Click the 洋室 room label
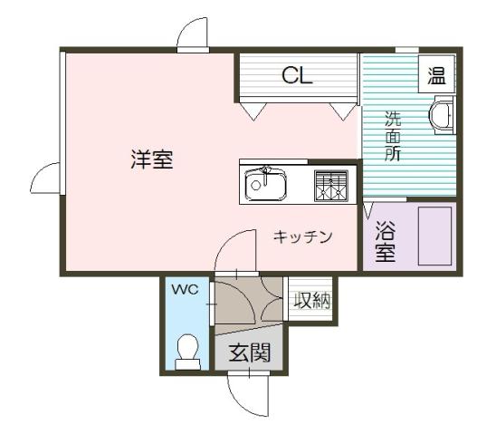(151, 160)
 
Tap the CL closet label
(297, 75)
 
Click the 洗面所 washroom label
(393, 136)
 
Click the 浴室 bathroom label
(386, 242)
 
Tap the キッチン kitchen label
(304, 237)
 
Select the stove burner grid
(331, 185)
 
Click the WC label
(186, 290)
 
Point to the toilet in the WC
(187, 351)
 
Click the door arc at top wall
(193, 34)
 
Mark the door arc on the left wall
(45, 177)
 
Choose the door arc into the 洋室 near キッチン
(233, 250)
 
